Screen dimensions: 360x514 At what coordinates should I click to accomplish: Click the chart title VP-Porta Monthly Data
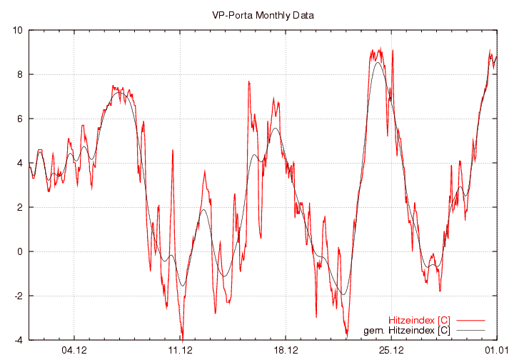point(263,14)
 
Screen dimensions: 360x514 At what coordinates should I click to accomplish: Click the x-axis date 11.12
point(180,350)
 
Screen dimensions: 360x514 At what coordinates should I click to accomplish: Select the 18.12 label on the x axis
point(286,350)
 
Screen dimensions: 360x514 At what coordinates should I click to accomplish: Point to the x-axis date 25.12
point(391,350)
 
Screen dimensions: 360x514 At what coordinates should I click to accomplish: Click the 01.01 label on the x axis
point(496,350)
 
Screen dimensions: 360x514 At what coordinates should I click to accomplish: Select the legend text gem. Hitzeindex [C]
point(407,330)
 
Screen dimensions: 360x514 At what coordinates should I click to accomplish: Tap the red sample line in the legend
point(470,320)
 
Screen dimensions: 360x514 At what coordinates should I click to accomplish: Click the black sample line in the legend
point(470,330)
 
